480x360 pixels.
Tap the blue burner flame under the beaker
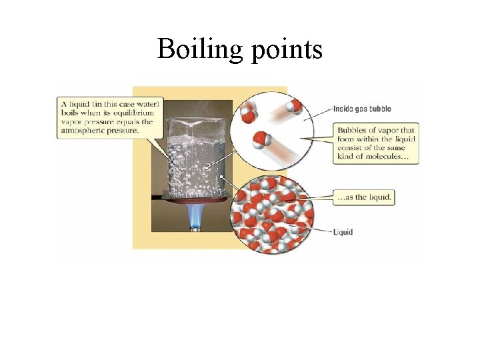click(x=196, y=214)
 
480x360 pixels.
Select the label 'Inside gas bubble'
click(x=364, y=109)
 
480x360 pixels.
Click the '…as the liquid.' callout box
click(x=364, y=197)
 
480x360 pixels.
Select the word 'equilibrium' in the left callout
click(x=135, y=113)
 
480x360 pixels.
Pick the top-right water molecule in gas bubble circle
click(x=294, y=107)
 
